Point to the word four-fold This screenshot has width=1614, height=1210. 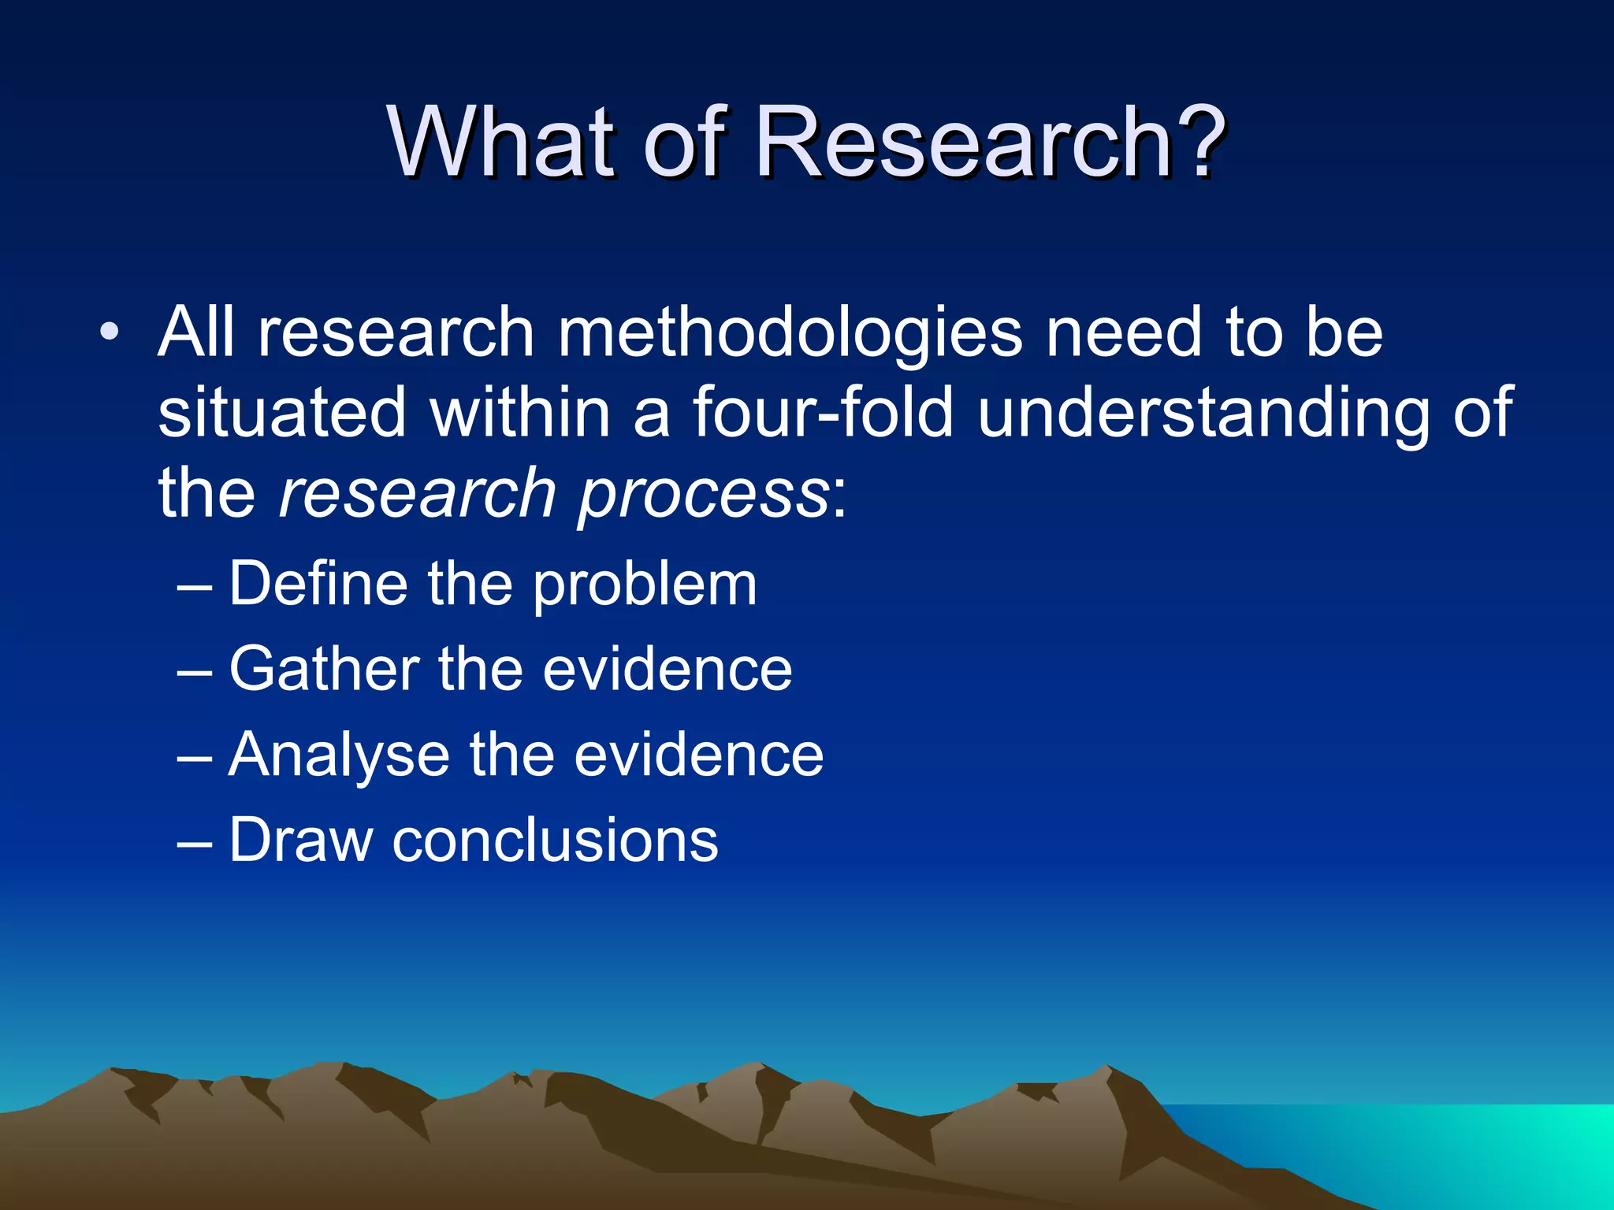pyautogui.click(x=823, y=413)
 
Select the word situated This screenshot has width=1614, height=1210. pyautogui.click(x=281, y=413)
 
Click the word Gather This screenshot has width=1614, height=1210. pyautogui.click(x=324, y=670)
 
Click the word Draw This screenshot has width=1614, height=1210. pyautogui.click(x=300, y=841)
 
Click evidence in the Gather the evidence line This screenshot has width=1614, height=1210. pyautogui.click(x=667, y=670)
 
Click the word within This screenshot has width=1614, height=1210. pyautogui.click(x=520, y=413)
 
